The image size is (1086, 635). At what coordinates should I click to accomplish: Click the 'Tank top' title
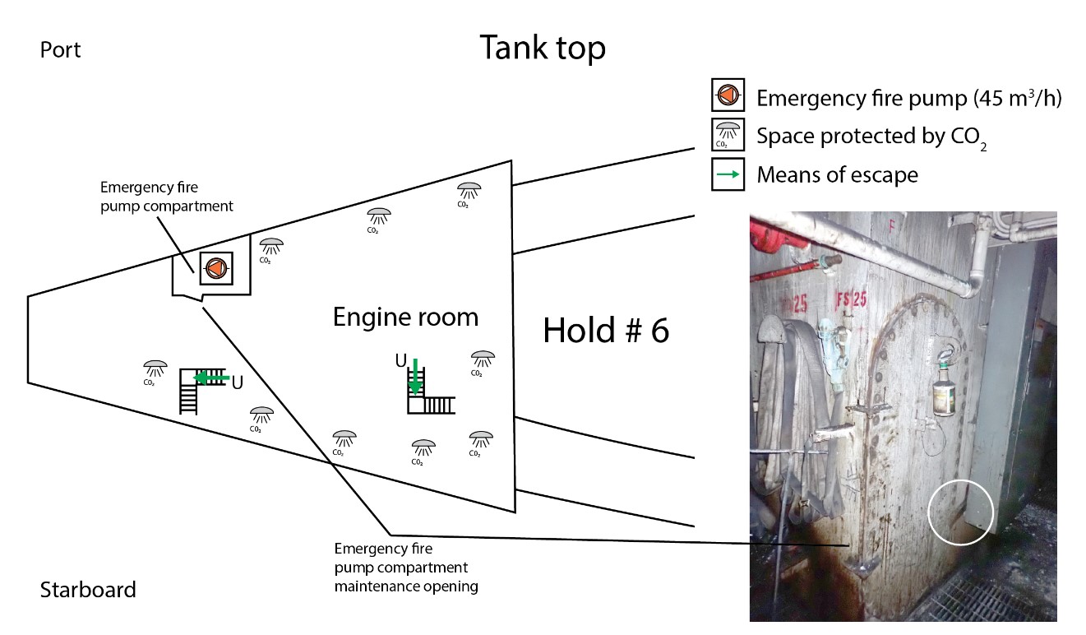[x=543, y=48]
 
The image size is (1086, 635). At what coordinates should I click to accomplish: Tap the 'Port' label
[x=60, y=50]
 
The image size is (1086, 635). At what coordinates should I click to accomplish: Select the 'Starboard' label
[x=87, y=590]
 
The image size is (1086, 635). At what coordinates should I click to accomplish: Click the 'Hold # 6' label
[x=606, y=331]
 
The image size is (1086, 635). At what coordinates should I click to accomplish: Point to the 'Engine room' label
[x=405, y=317]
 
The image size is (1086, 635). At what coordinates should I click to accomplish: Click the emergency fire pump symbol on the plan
[x=215, y=267]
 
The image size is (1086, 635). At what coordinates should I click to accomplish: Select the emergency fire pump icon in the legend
[x=728, y=96]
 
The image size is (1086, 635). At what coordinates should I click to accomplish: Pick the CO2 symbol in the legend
[x=728, y=136]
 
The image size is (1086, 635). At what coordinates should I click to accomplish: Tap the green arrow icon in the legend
[x=728, y=174]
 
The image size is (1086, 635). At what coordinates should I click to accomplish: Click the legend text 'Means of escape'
[x=837, y=174]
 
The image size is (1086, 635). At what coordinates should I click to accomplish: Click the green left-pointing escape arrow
[x=210, y=378]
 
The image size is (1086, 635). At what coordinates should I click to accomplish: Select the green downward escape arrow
[x=416, y=376]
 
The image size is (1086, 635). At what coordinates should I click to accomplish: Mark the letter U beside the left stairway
[x=237, y=382]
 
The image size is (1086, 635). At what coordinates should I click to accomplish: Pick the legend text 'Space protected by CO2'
[x=871, y=137]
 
